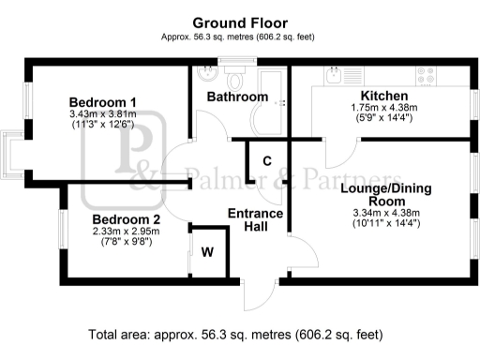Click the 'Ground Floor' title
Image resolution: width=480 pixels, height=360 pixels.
(x=240, y=22)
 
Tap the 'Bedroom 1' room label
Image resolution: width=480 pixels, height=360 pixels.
(x=103, y=102)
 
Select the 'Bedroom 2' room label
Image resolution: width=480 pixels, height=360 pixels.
(x=126, y=219)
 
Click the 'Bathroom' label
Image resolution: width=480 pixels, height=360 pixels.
(x=237, y=97)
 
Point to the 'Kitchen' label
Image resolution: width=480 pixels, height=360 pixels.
(x=383, y=97)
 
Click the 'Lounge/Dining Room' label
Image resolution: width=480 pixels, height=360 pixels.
(x=382, y=195)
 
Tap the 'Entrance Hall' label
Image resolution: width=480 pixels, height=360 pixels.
(x=256, y=219)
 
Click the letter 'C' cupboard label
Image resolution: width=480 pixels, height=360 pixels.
(x=267, y=160)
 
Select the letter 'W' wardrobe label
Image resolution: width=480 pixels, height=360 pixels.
(x=207, y=251)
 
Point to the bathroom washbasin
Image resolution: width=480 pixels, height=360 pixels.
(x=229, y=71)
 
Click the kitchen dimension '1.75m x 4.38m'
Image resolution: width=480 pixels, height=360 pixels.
(x=383, y=109)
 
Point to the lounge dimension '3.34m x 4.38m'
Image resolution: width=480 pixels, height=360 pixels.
(x=382, y=213)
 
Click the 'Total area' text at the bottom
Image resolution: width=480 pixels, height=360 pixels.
(x=235, y=334)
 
